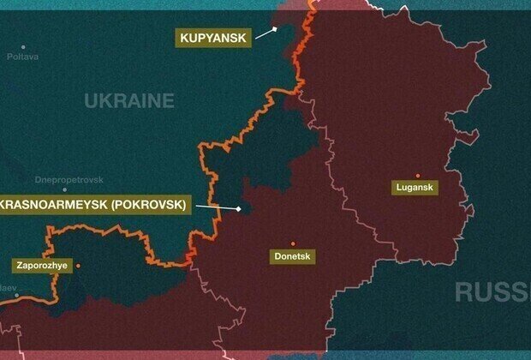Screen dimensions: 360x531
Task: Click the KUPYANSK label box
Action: coord(213,38)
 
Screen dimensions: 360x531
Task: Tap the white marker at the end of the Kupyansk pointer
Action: coord(276,28)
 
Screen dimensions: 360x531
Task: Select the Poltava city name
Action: coord(23,57)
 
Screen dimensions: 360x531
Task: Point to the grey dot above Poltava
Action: coord(23,46)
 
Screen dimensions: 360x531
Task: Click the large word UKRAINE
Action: coord(129,101)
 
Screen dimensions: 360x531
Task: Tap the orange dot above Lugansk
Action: coord(417,175)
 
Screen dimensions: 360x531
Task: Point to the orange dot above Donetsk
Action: coord(292,243)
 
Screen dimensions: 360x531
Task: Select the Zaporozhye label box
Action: coord(41,266)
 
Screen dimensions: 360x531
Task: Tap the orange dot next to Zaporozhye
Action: coord(79,266)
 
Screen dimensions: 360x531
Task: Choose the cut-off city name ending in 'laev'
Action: coord(8,288)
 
